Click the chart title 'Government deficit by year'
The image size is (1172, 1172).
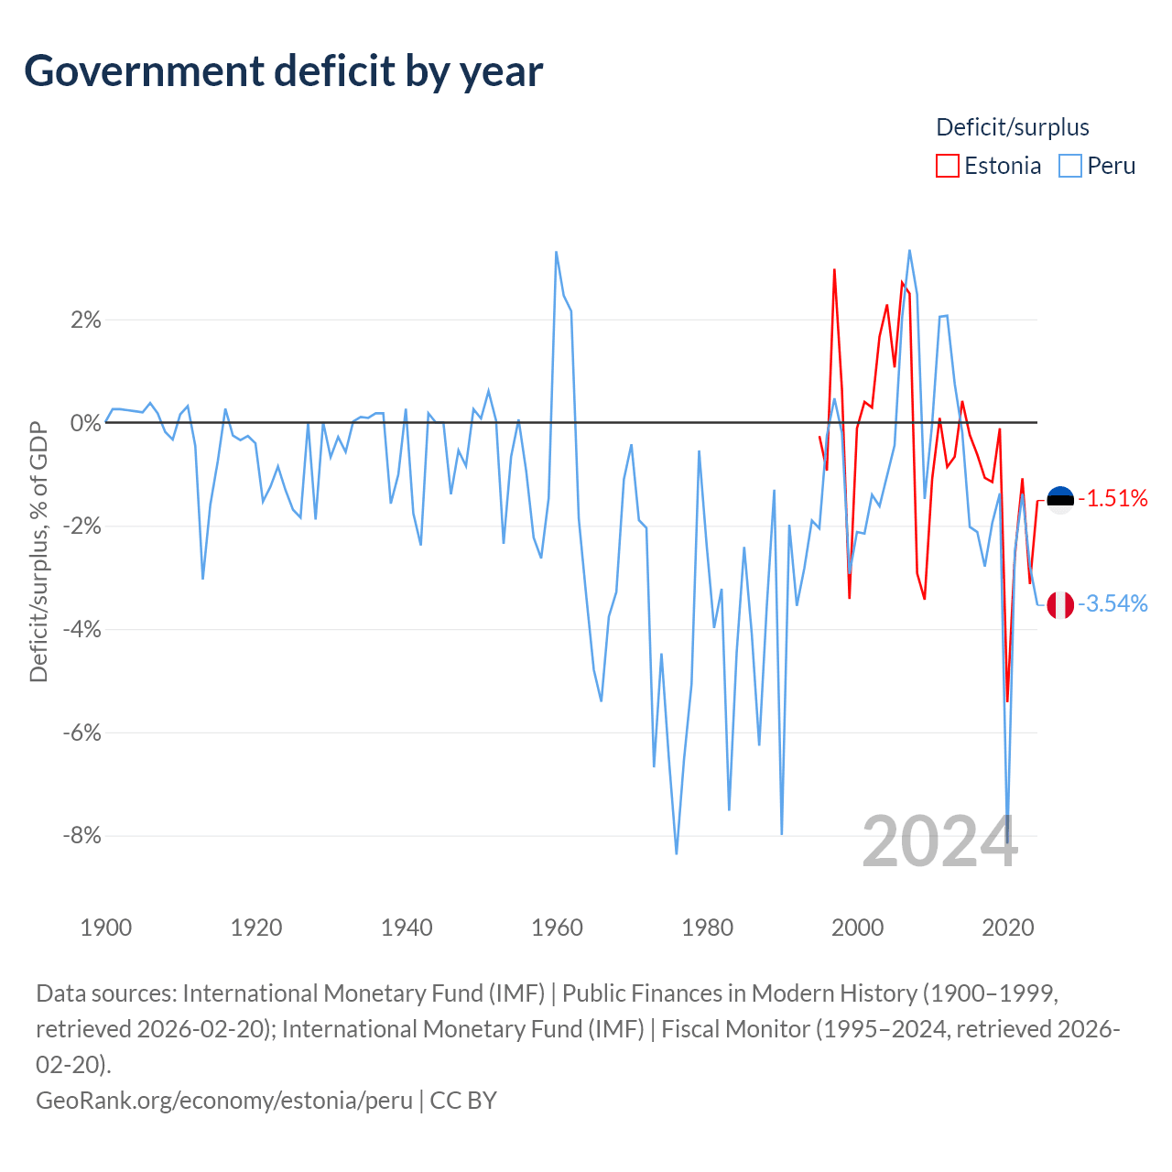click(x=283, y=72)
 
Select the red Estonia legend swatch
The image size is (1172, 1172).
click(x=947, y=166)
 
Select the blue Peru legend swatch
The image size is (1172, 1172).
click(x=1069, y=166)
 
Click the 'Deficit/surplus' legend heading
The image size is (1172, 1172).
click(x=1012, y=127)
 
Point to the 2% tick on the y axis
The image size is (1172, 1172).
click(x=86, y=320)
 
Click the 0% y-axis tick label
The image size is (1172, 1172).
click(x=86, y=423)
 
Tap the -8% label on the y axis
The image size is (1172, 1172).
click(x=82, y=836)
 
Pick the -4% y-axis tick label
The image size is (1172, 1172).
click(x=82, y=629)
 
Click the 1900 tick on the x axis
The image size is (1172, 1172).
click(x=106, y=928)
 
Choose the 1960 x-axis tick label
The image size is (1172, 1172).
click(x=557, y=928)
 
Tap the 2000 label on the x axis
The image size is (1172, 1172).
click(x=858, y=928)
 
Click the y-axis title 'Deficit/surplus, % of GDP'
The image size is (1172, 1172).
click(x=38, y=551)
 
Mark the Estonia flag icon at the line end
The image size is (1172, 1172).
click(x=1060, y=500)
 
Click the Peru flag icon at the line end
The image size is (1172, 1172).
click(x=1060, y=605)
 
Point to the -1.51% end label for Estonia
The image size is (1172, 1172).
click(x=1113, y=499)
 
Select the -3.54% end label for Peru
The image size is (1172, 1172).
click(x=1113, y=604)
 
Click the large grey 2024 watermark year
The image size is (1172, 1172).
click(x=939, y=841)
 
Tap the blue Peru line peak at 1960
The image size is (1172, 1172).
click(x=556, y=253)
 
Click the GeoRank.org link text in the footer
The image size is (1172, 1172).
click(x=223, y=1101)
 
